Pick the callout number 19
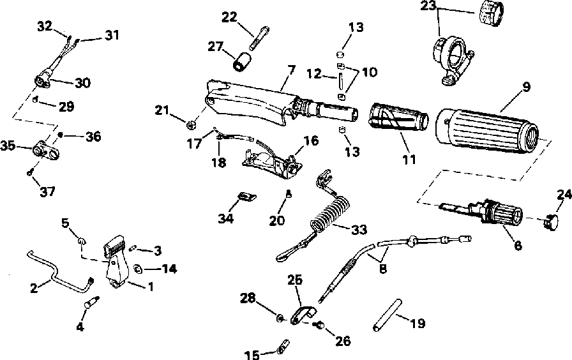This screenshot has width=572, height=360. pos(417,324)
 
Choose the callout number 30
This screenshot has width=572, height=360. pos(83,82)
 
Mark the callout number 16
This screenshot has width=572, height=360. pos(311,140)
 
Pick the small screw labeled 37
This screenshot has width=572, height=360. pos(30,171)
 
